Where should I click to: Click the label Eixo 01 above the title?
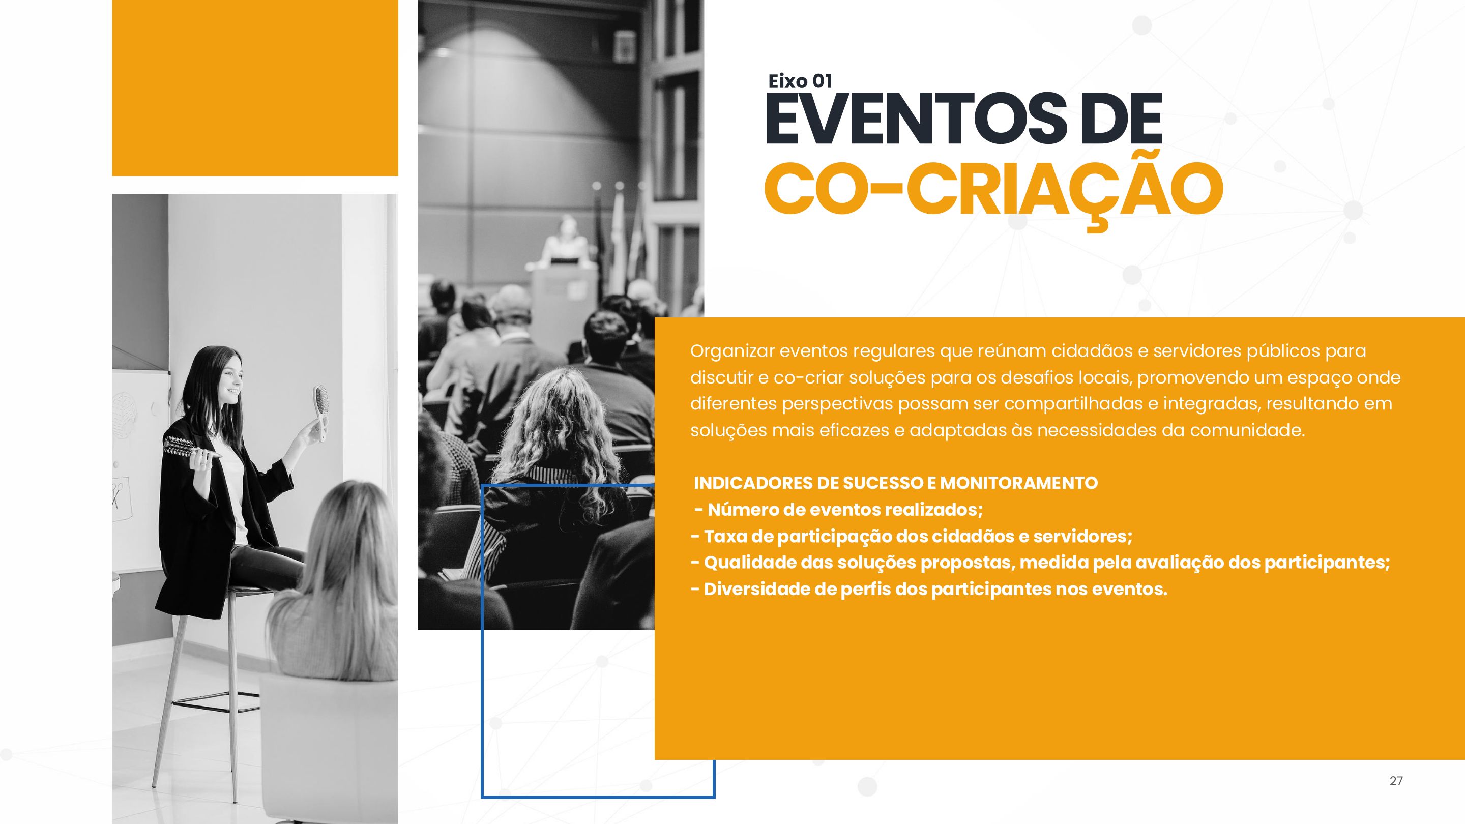coord(800,81)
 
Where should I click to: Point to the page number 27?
coord(1396,781)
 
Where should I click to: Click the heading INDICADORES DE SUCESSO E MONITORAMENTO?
coord(896,483)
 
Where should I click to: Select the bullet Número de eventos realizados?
coord(839,510)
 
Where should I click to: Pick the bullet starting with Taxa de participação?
coord(912,536)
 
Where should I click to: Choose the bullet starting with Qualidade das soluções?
coord(1040,563)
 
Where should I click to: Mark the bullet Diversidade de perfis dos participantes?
coord(929,589)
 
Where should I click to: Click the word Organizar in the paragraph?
coord(732,351)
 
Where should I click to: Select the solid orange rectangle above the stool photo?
coord(255,88)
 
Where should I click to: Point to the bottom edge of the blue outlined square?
coord(598,797)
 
